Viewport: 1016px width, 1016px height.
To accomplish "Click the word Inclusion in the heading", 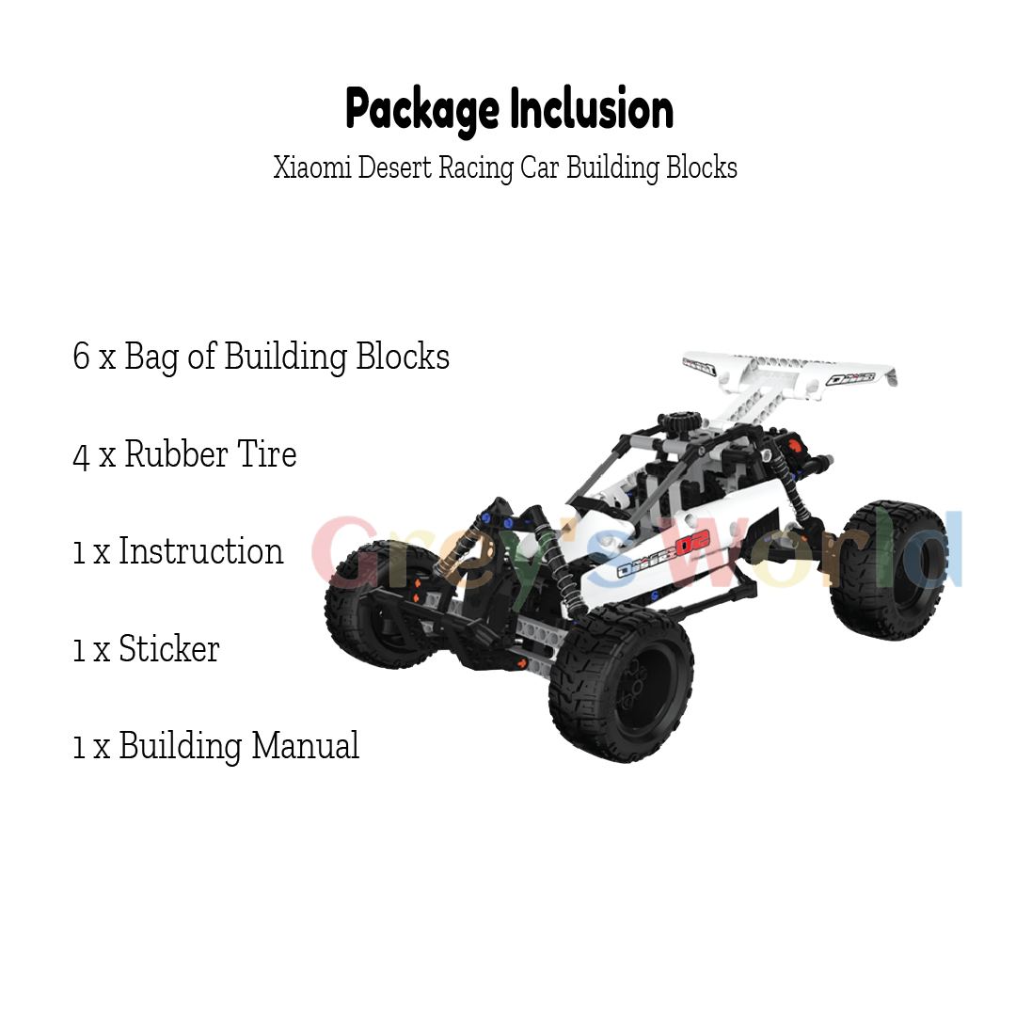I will tap(592, 109).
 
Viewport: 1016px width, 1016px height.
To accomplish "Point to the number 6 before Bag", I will tap(81, 357).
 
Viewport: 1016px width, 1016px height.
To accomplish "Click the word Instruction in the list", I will tap(200, 551).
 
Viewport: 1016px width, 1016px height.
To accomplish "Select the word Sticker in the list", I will tap(168, 649).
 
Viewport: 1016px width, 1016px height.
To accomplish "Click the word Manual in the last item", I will tap(305, 746).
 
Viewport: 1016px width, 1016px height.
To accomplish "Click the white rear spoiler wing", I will tap(790, 372).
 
